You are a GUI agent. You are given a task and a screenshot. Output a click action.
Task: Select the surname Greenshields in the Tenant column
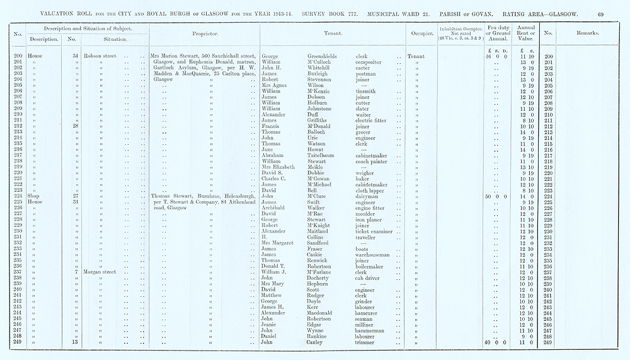pos(322,57)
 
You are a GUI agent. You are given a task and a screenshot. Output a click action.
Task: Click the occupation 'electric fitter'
pos(370,120)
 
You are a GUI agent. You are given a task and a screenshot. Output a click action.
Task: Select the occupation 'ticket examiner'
pos(375,231)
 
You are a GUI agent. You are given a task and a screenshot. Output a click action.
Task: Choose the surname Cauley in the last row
pos(317,342)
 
